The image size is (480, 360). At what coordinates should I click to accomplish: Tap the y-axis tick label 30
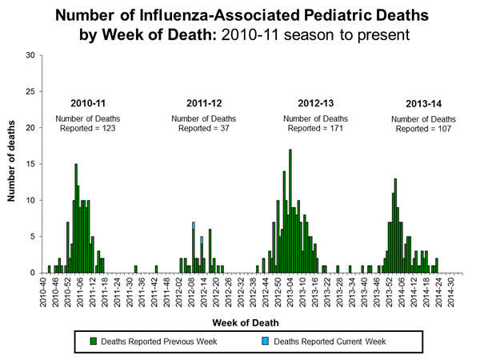30,55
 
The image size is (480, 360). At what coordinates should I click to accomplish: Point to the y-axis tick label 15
30,164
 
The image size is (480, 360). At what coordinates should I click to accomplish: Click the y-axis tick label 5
32,237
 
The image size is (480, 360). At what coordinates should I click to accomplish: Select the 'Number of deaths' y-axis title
14,164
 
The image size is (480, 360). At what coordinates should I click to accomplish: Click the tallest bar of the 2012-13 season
290,211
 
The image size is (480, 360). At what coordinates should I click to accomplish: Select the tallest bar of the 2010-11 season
76,218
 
